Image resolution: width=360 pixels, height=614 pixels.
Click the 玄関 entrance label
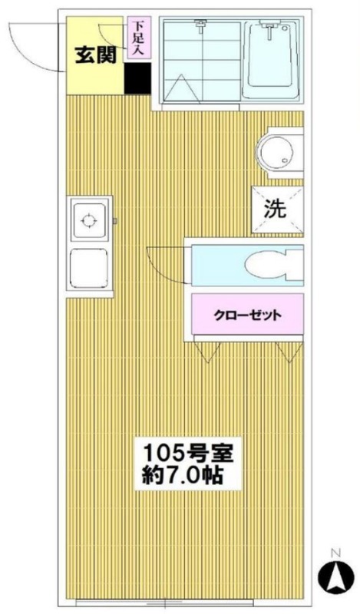(x=96, y=55)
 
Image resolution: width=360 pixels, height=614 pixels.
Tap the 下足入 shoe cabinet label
(x=136, y=38)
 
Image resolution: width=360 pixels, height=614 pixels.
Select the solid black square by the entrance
(x=137, y=78)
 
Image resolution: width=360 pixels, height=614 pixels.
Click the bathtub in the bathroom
(x=271, y=61)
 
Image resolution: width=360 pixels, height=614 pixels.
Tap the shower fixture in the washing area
(x=201, y=27)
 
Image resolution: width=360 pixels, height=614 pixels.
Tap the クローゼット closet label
(x=248, y=315)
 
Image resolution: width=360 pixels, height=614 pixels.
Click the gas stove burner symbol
(x=88, y=221)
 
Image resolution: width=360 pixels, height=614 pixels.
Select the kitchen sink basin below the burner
(x=89, y=268)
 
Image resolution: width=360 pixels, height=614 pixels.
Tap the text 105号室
(x=187, y=453)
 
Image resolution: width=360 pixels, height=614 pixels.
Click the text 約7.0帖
(x=182, y=476)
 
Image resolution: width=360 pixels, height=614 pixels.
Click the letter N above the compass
(x=335, y=553)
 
